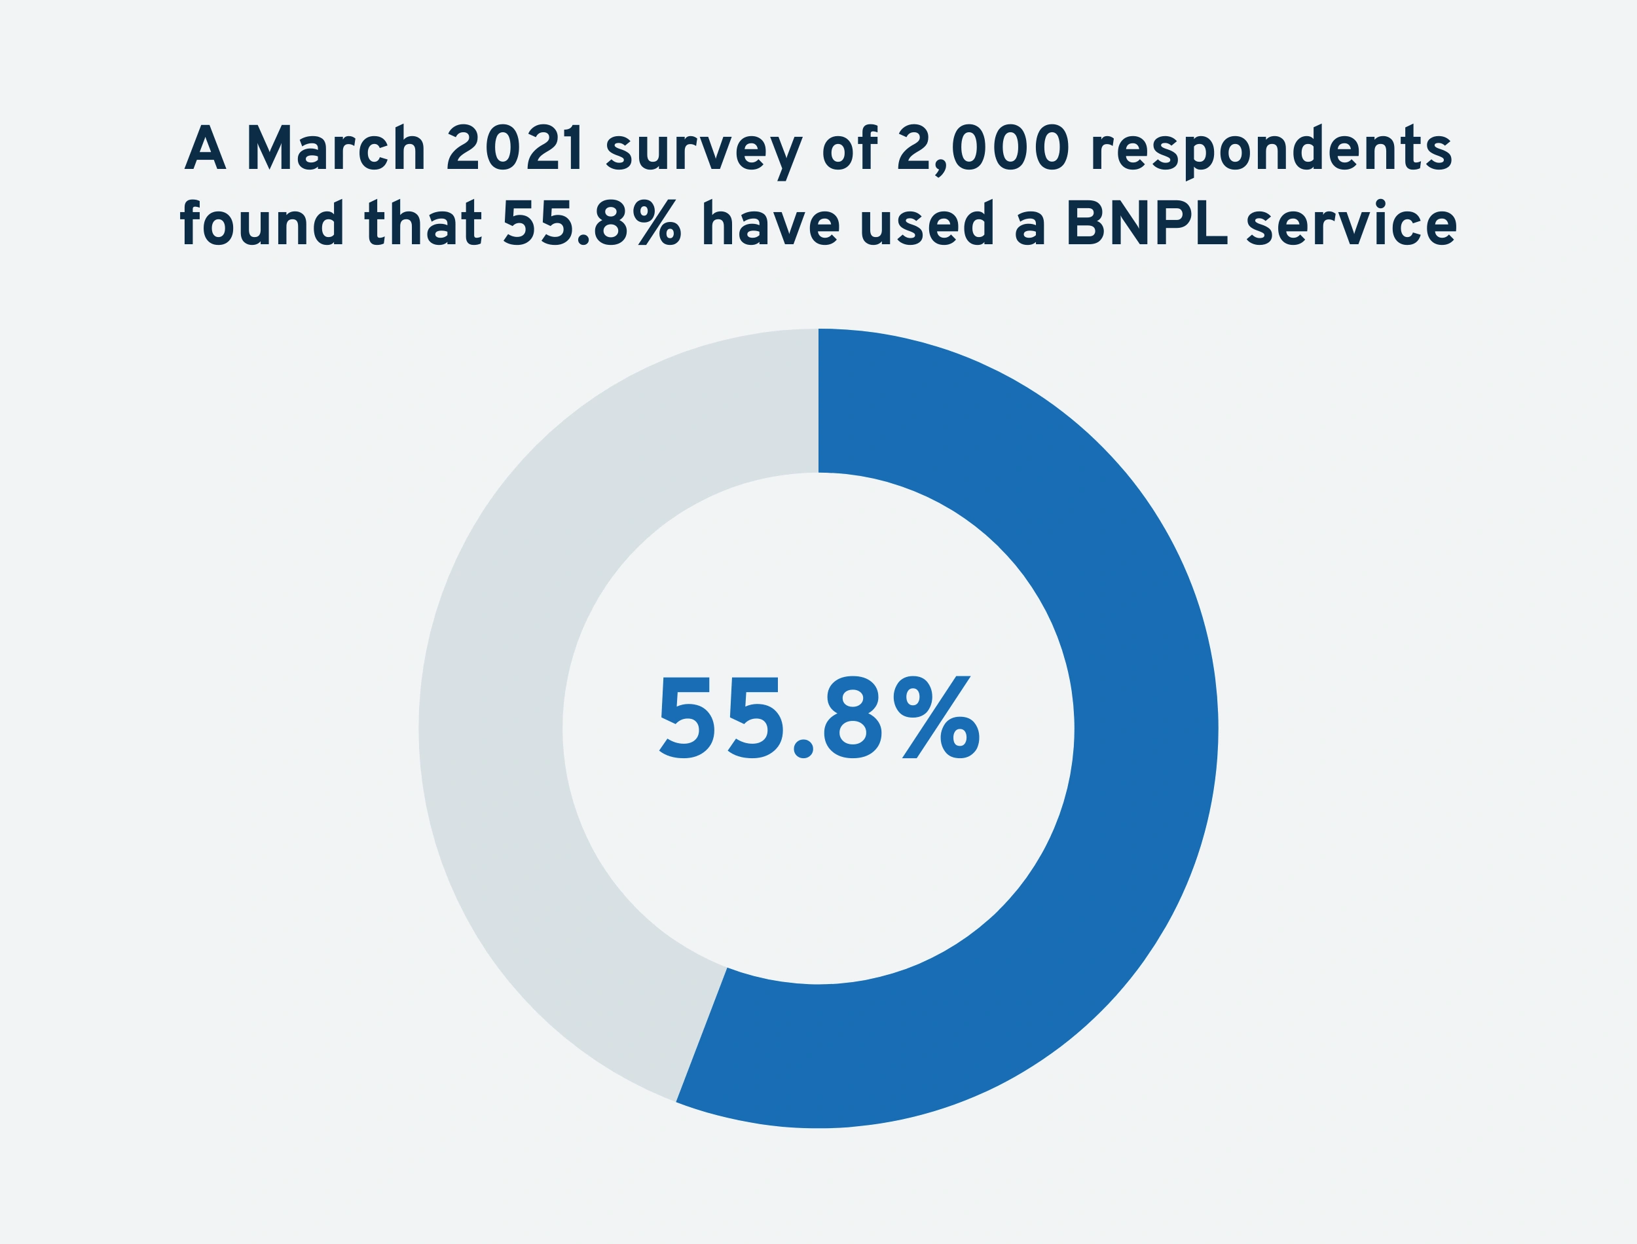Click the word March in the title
click(x=335, y=148)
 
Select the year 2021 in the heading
click(x=514, y=148)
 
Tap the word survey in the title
click(x=704, y=152)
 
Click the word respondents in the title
click(x=1270, y=152)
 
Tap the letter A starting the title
click(x=205, y=148)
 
